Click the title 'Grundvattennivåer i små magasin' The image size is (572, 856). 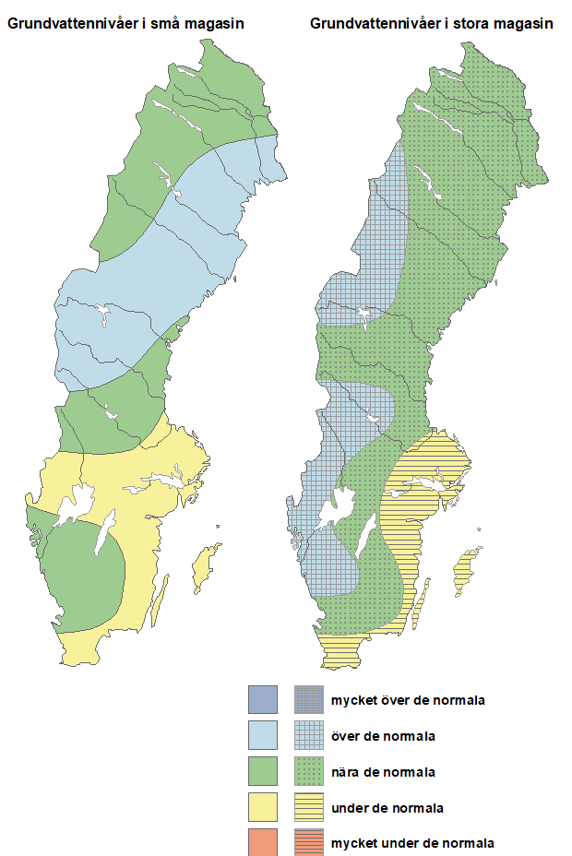tap(126, 24)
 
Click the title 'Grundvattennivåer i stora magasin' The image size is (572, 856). tap(432, 24)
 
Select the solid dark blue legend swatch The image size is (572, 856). tap(263, 700)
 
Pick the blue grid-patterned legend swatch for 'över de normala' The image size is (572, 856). tap(309, 736)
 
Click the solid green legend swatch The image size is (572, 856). tap(263, 772)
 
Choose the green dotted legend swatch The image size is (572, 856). tap(309, 772)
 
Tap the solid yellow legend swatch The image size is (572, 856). tap(263, 808)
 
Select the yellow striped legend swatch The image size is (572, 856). tap(309, 808)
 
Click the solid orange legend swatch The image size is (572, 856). tap(263, 842)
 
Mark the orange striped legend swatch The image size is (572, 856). tap(309, 842)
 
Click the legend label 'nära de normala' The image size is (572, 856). tap(384, 772)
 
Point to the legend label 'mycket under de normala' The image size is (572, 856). tap(412, 843)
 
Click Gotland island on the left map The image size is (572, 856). tap(206, 562)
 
